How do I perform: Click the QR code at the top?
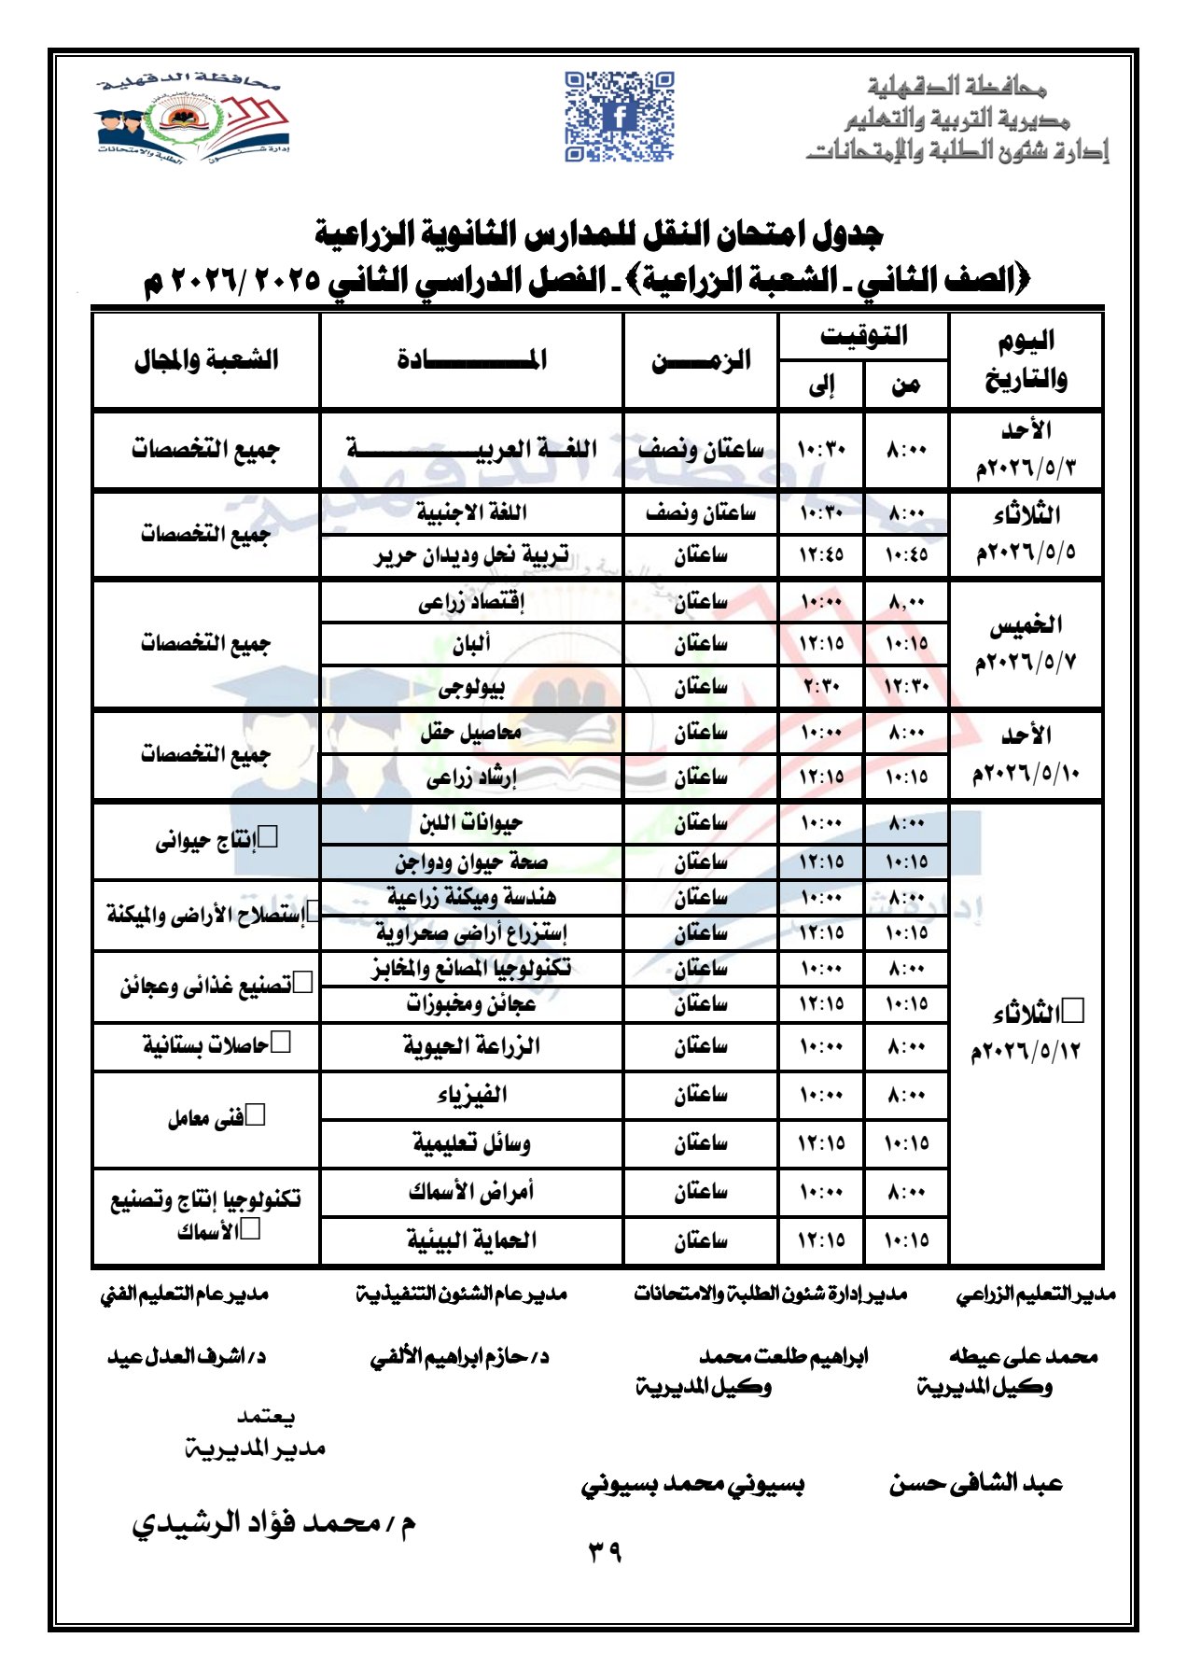619,117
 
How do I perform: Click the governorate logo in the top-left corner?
191,118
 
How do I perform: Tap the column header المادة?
471,360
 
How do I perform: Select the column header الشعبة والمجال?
206,360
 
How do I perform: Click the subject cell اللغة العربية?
471,449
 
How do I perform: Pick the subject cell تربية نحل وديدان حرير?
471,555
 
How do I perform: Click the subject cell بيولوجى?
471,688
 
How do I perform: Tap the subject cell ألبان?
471,644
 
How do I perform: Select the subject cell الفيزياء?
471,1094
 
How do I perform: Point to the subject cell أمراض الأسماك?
471,1191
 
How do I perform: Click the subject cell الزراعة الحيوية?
471,1045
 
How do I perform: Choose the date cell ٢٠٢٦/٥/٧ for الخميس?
1026,663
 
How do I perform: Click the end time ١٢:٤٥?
821,555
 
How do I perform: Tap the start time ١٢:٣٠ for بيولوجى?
906,688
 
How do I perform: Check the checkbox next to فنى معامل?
255,1114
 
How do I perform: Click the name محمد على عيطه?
1024,1356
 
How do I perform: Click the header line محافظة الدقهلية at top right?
957,88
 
